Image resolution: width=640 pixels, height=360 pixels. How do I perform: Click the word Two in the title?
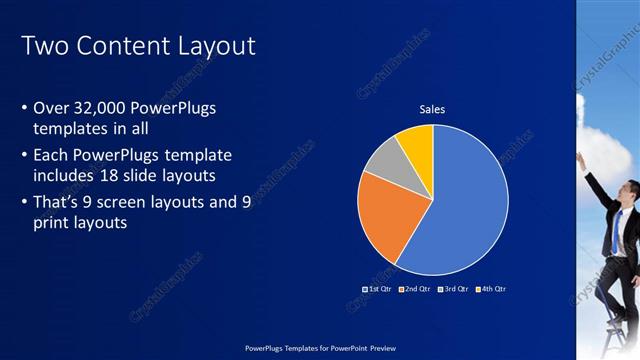coord(41,46)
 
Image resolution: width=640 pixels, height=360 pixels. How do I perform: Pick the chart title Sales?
coord(432,110)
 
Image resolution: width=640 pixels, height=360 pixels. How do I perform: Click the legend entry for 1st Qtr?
coord(376,289)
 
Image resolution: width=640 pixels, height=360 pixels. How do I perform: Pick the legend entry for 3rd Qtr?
coord(452,289)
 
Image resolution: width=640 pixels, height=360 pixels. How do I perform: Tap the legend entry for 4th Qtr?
coord(490,289)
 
